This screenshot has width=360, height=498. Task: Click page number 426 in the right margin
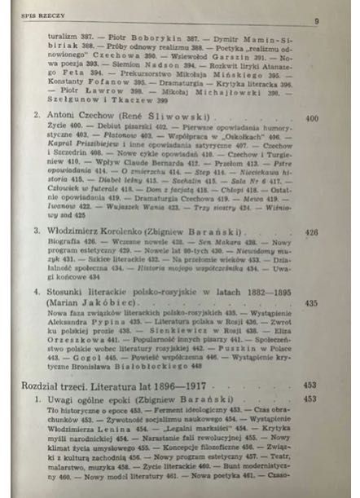point(311,231)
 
